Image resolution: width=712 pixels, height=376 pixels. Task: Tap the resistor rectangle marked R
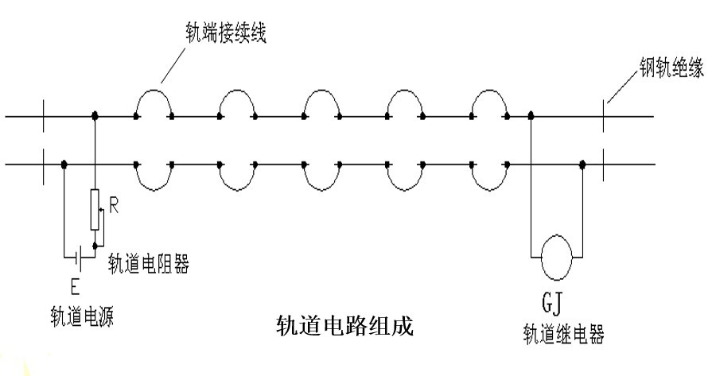tap(95, 210)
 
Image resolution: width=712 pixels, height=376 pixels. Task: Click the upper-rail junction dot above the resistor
tap(95, 116)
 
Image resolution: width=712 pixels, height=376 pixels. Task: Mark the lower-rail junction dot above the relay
tap(583, 164)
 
